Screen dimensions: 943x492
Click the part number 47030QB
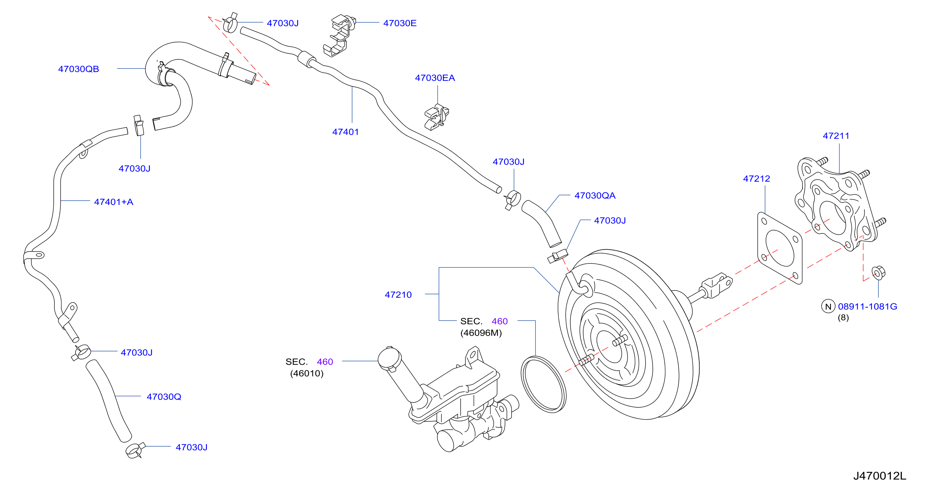(x=79, y=69)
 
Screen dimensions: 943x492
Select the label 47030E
(x=400, y=23)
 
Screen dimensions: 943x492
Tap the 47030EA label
(x=435, y=78)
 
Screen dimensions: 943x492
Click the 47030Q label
(x=164, y=397)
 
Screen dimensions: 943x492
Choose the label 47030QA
(x=595, y=196)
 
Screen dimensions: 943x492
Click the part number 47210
(x=398, y=295)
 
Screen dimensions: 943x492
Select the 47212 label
(x=757, y=179)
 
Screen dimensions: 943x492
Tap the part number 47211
(x=836, y=136)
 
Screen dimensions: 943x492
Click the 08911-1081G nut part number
(x=868, y=306)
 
